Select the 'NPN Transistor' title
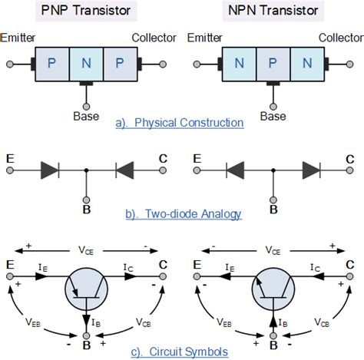(272, 12)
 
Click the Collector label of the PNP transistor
(154, 38)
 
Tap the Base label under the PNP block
(85, 117)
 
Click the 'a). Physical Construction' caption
(179, 123)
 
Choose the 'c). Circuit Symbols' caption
(179, 352)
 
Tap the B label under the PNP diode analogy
(86, 207)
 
